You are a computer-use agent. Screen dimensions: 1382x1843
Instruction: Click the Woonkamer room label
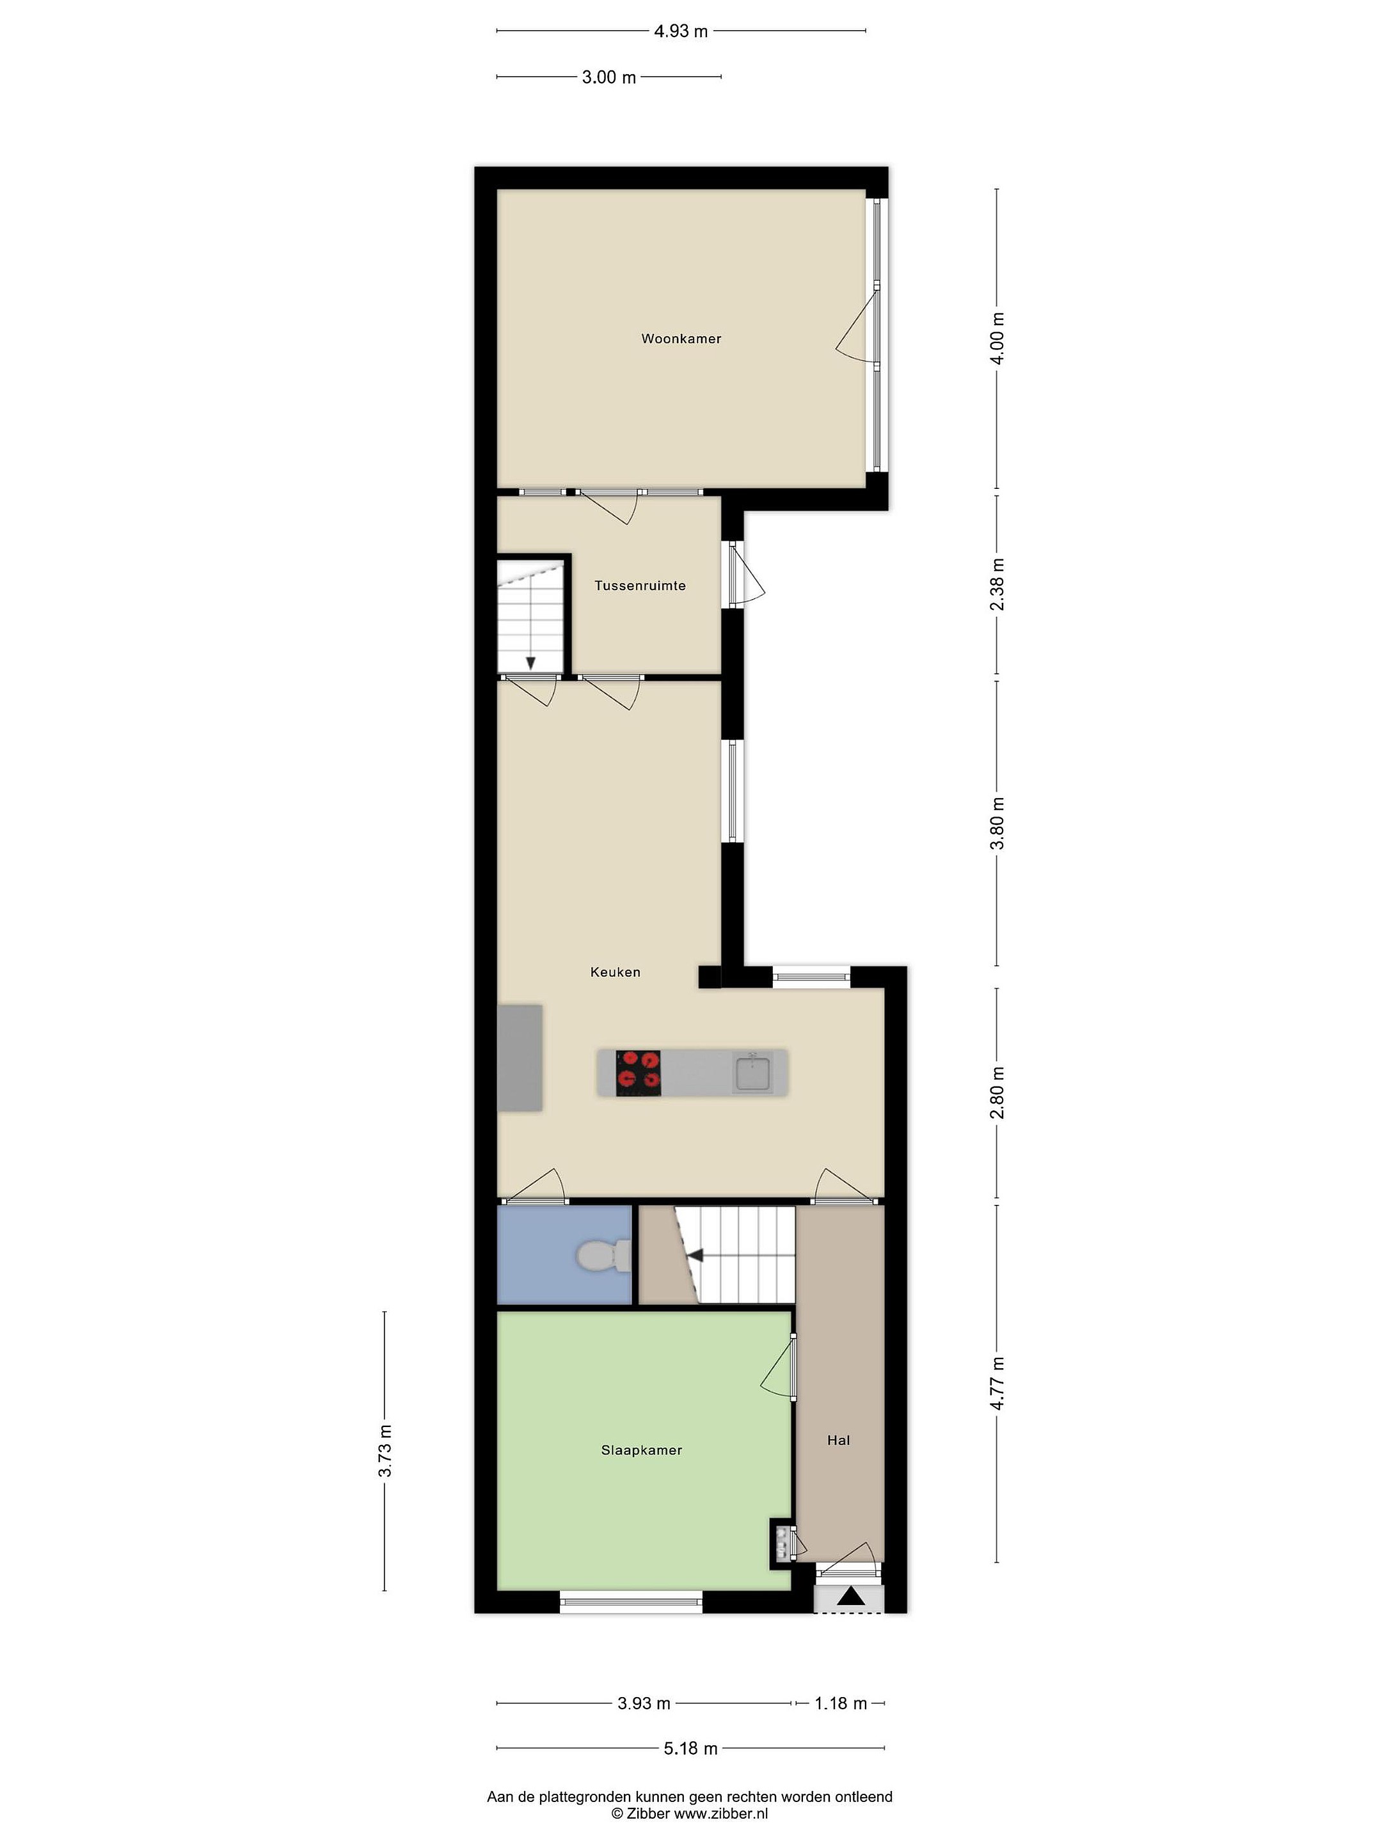681,339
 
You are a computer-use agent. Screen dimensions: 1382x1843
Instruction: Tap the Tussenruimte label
640,586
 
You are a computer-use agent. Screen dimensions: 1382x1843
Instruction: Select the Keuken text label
615,971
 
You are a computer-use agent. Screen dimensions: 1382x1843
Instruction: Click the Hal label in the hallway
838,1440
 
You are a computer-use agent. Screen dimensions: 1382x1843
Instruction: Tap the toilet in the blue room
604,1256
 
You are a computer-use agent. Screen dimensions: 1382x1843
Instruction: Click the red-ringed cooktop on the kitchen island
638,1073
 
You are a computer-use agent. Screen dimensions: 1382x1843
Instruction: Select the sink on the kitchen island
753,1073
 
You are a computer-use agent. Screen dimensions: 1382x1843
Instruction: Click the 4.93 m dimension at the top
681,31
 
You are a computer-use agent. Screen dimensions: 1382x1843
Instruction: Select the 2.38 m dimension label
997,584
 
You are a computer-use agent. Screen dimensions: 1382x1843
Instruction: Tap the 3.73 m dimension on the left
385,1451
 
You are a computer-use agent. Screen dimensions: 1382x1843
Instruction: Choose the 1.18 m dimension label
841,1703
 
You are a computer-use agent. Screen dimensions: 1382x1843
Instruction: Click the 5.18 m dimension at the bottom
690,1748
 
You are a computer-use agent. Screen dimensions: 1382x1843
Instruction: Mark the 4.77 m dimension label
997,1383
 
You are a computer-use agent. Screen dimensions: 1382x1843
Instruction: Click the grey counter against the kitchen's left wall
520,1058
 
